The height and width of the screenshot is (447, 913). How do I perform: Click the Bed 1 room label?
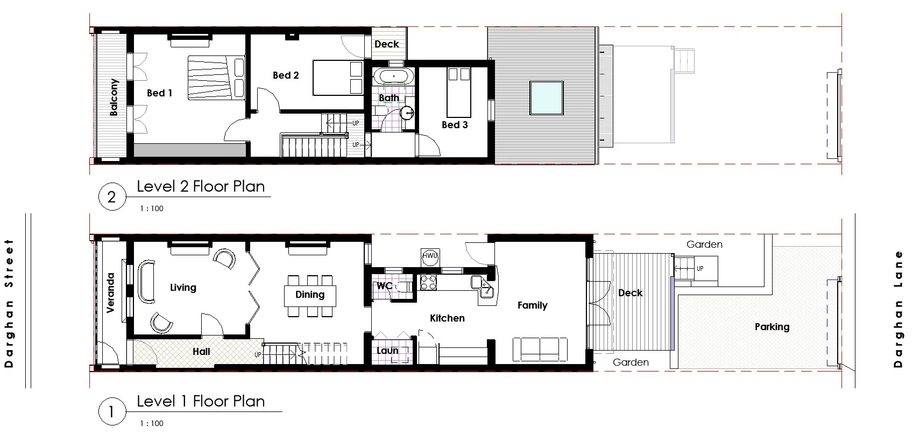159,93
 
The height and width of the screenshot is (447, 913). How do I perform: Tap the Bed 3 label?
454,125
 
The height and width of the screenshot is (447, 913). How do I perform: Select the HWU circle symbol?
430,256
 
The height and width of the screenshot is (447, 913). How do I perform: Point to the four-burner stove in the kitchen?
429,282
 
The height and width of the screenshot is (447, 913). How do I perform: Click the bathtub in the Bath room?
393,76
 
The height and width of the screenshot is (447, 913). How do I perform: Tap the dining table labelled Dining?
310,295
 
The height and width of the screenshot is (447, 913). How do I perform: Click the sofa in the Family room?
540,350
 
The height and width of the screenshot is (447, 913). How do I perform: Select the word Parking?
772,327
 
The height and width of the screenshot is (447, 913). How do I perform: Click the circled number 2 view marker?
111,197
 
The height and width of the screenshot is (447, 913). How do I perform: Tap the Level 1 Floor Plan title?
201,401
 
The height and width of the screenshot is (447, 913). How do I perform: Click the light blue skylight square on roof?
546,97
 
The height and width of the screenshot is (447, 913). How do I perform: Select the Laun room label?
387,351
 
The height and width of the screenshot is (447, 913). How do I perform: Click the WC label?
384,286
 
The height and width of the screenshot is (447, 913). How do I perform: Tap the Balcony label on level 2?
114,97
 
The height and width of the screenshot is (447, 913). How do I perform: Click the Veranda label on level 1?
111,293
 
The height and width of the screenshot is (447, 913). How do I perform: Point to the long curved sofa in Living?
146,282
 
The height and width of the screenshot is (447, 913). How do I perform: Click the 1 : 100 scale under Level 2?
151,208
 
